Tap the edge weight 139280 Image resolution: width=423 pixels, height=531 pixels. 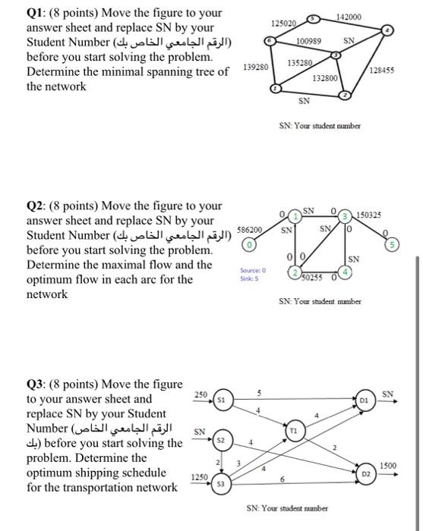(255, 68)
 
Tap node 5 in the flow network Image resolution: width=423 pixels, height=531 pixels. (410, 245)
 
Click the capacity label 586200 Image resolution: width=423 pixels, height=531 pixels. (251, 228)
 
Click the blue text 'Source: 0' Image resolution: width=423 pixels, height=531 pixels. (251, 271)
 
